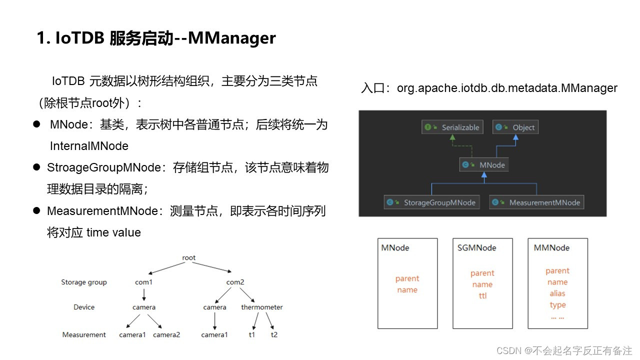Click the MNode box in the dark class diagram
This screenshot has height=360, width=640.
483,164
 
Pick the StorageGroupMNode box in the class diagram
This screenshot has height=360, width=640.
431,202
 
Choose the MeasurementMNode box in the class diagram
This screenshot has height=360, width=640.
536,202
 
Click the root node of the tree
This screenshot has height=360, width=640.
189,258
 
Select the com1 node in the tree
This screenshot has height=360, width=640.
143,282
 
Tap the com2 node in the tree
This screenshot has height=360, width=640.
235,282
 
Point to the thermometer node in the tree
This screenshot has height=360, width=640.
261,307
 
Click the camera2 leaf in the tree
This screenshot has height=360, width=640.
166,334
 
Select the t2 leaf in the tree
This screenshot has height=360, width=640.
274,334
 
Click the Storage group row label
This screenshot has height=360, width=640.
84,282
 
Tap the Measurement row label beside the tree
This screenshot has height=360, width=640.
84,334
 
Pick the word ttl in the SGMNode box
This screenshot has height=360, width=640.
482,295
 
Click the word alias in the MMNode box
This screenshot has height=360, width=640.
557,293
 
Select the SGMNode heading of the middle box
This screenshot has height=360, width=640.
476,247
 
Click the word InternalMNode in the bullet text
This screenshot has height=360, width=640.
89,146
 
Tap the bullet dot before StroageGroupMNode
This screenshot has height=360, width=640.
36,167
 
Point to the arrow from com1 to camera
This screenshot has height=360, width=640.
144,294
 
